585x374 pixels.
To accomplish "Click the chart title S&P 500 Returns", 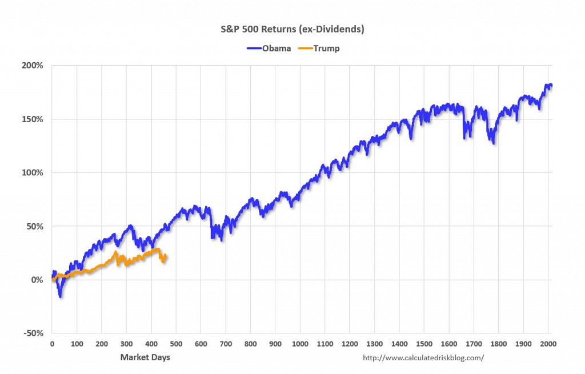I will click(x=292, y=28).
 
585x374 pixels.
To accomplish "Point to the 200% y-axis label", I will click(x=33, y=66).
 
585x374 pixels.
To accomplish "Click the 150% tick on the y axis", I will click(x=33, y=119).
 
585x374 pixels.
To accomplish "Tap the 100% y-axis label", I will click(x=33, y=172).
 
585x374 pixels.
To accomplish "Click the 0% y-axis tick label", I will click(x=37, y=280).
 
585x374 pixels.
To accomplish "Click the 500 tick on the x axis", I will click(x=176, y=344).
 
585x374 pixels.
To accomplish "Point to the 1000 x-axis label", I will click(x=300, y=344).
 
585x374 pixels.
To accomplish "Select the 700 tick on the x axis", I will click(x=226, y=344).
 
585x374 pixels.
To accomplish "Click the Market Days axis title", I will click(x=145, y=357).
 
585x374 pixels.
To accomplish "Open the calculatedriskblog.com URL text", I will click(x=423, y=358).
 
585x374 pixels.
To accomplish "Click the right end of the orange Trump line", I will click(x=165, y=256).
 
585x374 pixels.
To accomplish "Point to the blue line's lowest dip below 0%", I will click(x=61, y=296).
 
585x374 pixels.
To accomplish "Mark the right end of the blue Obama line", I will click(x=551, y=86).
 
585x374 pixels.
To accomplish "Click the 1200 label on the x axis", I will click(x=350, y=344).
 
